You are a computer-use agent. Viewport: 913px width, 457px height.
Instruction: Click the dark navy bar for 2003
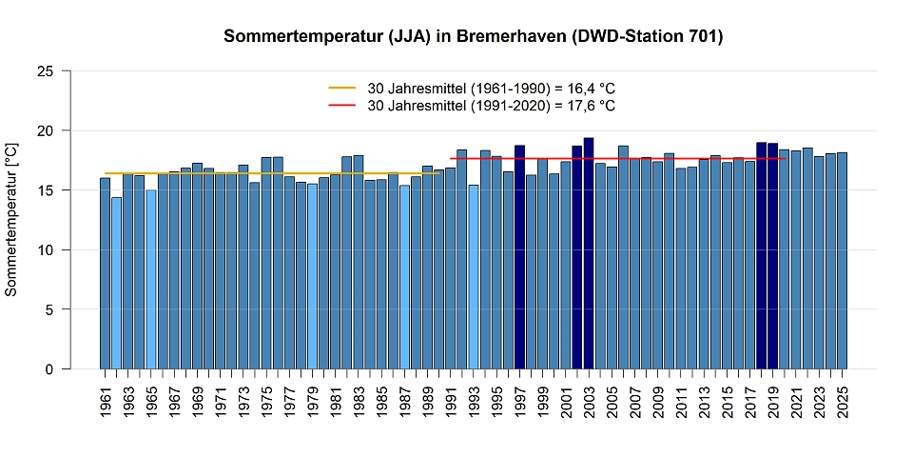click(589, 253)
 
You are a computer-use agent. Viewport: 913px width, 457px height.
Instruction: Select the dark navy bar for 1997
click(519, 257)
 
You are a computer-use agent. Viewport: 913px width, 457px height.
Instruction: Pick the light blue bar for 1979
click(312, 276)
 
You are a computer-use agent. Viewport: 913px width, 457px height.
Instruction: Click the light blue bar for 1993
click(474, 277)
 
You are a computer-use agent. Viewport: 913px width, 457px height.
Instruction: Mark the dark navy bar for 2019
click(773, 256)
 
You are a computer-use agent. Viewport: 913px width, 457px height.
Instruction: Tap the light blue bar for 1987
click(404, 277)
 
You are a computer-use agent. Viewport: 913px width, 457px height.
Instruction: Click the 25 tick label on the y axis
click(44, 71)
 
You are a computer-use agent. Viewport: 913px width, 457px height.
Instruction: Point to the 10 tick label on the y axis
click(44, 250)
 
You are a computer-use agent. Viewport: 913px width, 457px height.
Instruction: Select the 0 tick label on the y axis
click(48, 369)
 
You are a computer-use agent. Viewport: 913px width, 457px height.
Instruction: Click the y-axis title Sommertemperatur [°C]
click(11, 220)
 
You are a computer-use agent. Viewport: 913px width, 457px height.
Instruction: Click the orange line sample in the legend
click(341, 88)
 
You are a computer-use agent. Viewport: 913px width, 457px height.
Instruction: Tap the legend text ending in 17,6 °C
click(491, 106)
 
